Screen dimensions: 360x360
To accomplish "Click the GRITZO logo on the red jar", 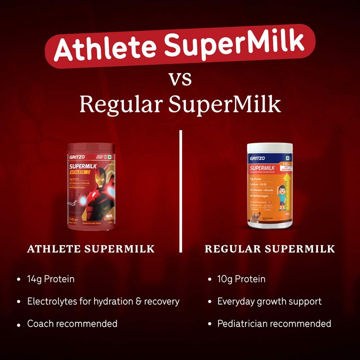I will click(x=76, y=157).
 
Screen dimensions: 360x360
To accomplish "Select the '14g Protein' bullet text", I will click(x=51, y=279).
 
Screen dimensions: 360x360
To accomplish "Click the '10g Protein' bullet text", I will click(x=241, y=279).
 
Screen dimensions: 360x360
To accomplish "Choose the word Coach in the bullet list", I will click(x=41, y=324).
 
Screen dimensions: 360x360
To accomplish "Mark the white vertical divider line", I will click(x=181, y=191).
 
